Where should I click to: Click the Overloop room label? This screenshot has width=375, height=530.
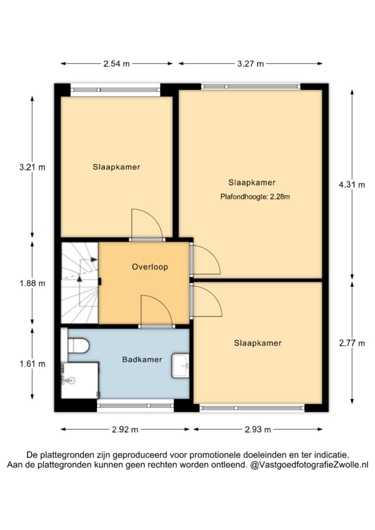click(150, 267)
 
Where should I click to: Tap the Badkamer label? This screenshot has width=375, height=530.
click(142, 360)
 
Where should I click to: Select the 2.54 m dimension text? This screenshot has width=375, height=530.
click(117, 64)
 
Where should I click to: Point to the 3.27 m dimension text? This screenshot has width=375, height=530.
click(250, 64)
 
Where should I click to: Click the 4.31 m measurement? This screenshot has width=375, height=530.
click(352, 185)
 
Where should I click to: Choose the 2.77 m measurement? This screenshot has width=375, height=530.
click(352, 343)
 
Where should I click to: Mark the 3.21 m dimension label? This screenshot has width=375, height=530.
click(32, 167)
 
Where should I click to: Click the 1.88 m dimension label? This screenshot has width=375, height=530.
click(32, 283)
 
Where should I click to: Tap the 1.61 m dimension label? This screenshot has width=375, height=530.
click(32, 364)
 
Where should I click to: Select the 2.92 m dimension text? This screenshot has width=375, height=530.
click(125, 430)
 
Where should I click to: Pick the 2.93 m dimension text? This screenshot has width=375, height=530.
click(257, 430)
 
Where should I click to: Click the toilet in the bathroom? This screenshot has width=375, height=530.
click(78, 345)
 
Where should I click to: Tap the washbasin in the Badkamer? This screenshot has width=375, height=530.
click(181, 366)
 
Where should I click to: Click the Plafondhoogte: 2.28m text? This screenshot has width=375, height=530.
click(255, 197)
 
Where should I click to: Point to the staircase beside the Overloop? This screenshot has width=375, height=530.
click(79, 283)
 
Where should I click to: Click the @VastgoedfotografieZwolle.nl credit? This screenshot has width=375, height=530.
click(309, 465)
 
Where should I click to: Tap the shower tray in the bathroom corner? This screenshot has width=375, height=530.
click(80, 380)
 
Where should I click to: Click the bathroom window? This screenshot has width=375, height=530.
click(135, 405)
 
